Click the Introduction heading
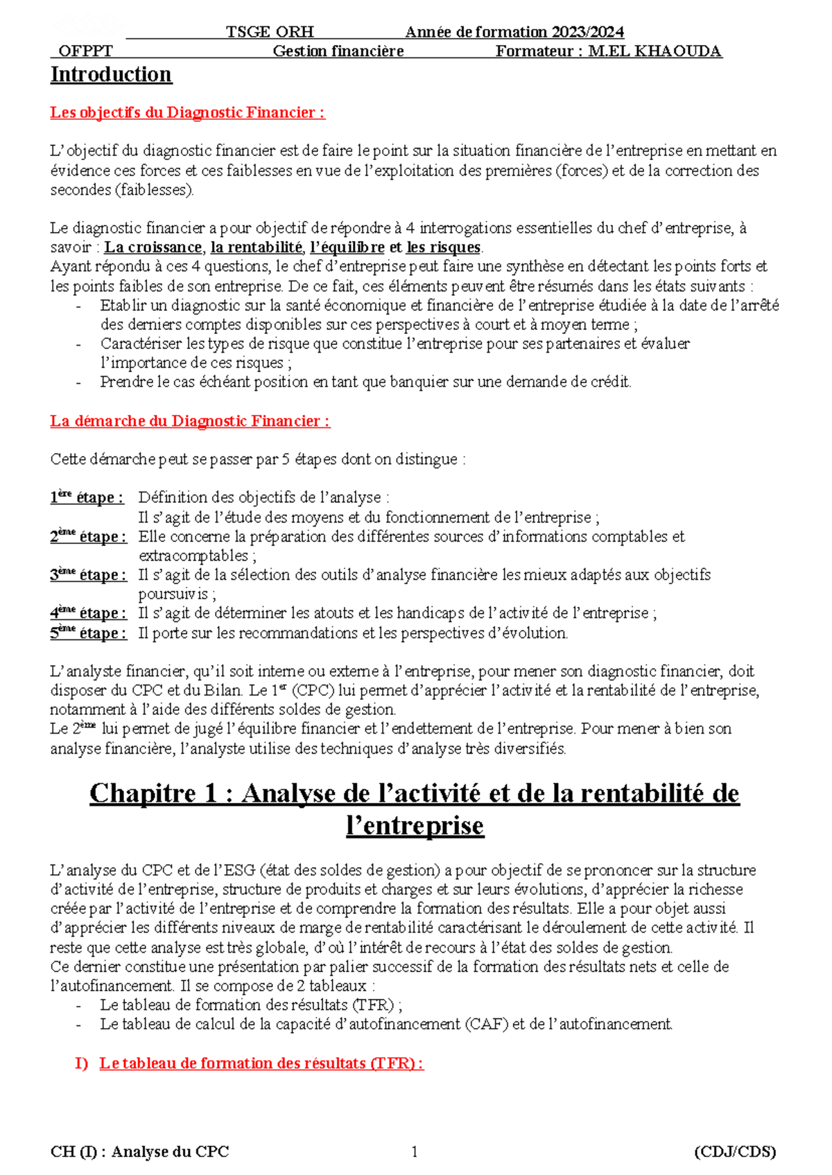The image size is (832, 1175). click(111, 75)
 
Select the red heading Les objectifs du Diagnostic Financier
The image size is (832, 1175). click(187, 112)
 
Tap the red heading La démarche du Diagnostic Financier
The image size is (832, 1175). click(190, 421)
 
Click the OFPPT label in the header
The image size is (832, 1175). click(85, 51)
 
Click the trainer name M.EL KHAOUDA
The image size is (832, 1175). click(655, 51)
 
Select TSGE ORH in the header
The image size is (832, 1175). click(270, 32)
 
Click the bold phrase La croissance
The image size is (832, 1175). click(153, 247)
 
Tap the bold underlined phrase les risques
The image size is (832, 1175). click(443, 247)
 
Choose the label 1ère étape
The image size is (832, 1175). click(87, 497)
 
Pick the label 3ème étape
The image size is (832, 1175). click(88, 575)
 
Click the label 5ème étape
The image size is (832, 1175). click(88, 633)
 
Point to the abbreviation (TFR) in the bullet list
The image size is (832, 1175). click(374, 1005)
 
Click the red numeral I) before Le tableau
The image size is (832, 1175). click(82, 1063)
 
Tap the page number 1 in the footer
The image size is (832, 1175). click(415, 1152)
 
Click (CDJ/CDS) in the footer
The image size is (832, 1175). click(735, 1152)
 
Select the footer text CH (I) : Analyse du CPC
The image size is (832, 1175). click(139, 1152)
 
